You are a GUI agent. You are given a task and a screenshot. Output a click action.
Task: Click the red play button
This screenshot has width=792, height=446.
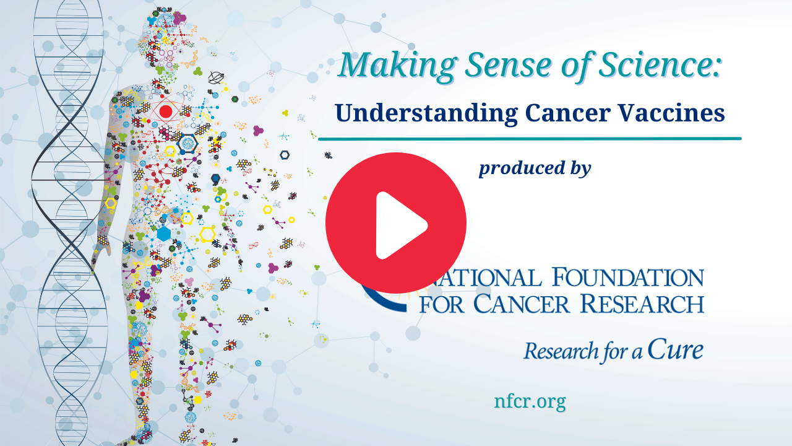click(396, 223)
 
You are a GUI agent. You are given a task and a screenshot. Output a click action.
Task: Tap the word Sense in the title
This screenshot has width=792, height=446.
click(508, 66)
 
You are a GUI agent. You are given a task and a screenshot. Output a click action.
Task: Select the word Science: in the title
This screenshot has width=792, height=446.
click(659, 65)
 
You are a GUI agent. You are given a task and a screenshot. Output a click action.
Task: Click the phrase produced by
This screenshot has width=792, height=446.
click(535, 168)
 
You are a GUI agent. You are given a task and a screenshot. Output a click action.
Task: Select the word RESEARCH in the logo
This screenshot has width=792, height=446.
click(642, 304)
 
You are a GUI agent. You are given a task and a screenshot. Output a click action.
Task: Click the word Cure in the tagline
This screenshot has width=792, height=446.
click(675, 349)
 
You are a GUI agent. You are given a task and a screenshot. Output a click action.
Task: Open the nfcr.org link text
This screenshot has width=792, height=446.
click(530, 401)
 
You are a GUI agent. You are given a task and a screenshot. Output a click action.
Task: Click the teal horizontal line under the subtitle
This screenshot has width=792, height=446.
click(530, 139)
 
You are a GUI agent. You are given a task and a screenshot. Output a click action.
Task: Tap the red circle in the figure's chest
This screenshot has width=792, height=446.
click(165, 111)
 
